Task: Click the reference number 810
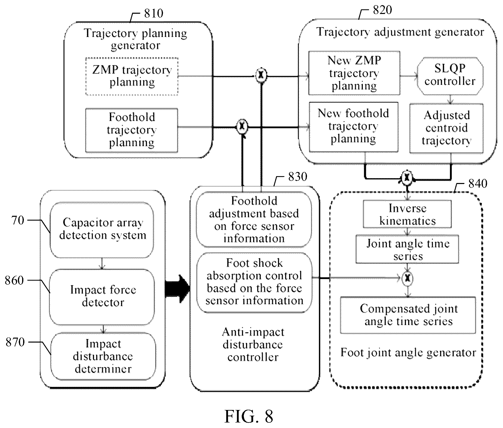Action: point(154,13)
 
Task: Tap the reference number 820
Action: point(382,10)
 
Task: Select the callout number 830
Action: point(298,177)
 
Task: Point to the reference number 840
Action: point(478,184)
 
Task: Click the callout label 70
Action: point(18,221)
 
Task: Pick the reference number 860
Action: point(14,281)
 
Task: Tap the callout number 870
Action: point(15,342)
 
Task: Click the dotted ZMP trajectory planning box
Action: point(132,77)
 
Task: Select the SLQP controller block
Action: point(450,75)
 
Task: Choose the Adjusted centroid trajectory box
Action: point(446,128)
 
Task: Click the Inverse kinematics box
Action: point(407,214)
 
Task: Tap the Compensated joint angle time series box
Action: point(408,315)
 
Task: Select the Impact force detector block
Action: point(102,297)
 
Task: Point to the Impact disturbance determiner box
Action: point(103,356)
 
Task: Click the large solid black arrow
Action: point(177,289)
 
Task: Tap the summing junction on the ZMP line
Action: point(261,75)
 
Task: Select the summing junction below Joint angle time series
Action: point(408,278)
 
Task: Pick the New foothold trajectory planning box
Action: point(353,127)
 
